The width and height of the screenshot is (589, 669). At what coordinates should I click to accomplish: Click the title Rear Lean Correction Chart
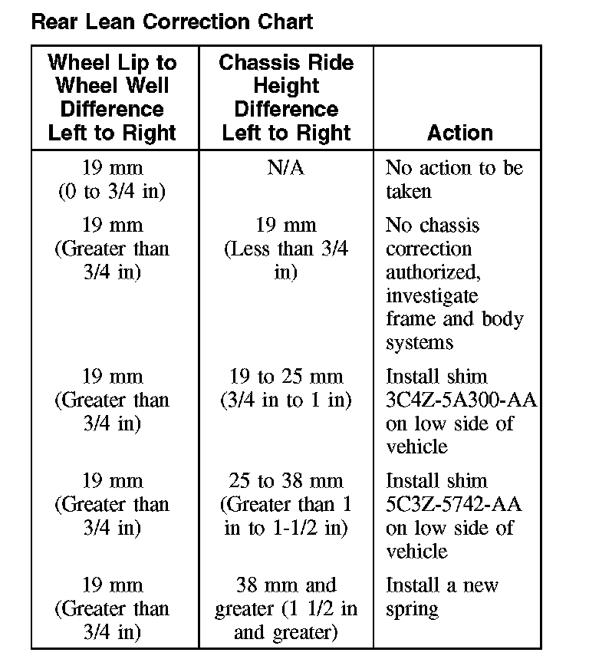coord(172,21)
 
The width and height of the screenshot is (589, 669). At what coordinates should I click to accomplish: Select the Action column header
coord(459,133)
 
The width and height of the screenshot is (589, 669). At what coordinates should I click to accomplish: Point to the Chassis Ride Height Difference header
coord(286,97)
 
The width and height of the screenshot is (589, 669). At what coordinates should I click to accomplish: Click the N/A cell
coord(285,167)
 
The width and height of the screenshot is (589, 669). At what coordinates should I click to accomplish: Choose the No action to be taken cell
coord(453,179)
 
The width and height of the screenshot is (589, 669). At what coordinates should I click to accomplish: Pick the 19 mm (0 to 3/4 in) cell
coord(112,179)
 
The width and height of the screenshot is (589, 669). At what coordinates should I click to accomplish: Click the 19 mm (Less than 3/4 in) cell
coord(285,249)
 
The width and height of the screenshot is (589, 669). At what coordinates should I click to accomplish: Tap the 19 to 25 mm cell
coord(285,388)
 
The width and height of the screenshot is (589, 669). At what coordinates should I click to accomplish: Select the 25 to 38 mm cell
coord(285,504)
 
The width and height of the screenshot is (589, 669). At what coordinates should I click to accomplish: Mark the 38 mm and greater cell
coord(285,609)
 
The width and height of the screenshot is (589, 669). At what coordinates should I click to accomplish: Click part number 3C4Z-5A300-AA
coord(461,400)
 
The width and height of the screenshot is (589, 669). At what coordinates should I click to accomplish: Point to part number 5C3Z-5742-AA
coord(453,504)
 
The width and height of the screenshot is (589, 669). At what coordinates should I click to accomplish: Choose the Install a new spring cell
coord(442,597)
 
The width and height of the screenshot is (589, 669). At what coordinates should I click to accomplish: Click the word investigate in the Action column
coord(432,296)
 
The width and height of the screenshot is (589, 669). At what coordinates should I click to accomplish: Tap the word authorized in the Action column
coord(436,272)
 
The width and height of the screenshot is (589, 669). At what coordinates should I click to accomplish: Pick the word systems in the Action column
coord(420,343)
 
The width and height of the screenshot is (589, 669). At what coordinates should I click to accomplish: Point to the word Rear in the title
coord(51,21)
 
